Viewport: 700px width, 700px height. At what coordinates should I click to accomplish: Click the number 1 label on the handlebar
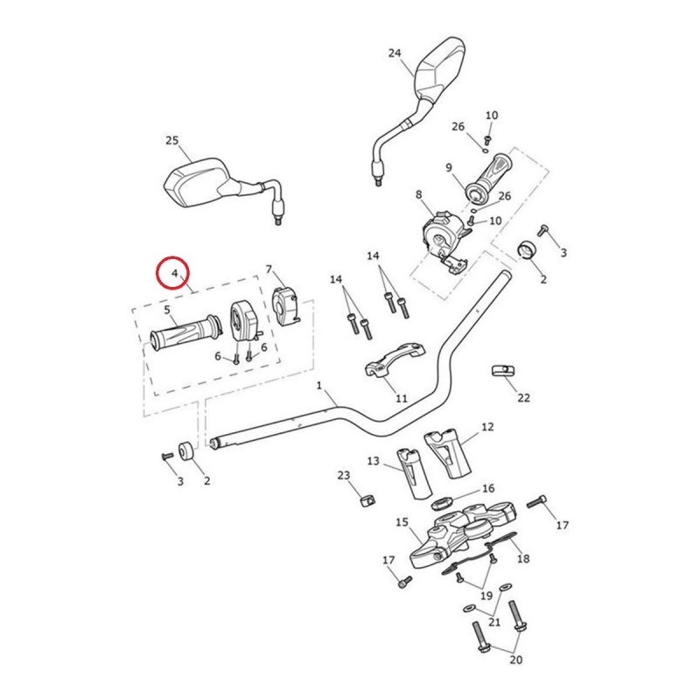coord(319,385)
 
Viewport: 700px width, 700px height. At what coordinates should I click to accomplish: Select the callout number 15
coord(402,523)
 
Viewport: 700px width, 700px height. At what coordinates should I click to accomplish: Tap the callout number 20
coord(515,661)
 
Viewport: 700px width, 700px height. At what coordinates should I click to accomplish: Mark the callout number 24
coord(395,53)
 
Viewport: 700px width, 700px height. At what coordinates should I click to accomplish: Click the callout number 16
coord(488,488)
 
